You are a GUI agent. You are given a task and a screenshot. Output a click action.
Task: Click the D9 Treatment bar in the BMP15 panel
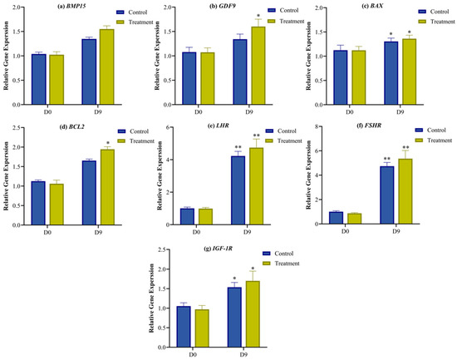(107, 67)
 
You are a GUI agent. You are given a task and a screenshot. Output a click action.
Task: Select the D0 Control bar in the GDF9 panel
(189, 78)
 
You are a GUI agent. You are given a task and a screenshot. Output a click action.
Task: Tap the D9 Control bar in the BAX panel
(391, 73)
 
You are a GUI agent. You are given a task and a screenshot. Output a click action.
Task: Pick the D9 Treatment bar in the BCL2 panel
(107, 187)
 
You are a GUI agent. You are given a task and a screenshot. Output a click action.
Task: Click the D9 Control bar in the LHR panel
(238, 190)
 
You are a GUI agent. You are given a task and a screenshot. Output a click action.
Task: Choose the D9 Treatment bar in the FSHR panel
(405, 191)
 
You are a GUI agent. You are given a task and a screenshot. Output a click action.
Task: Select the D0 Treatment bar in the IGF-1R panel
(202, 328)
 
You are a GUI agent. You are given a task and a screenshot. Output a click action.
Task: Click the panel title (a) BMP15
(71, 6)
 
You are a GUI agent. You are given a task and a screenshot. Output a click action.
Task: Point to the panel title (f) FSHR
(369, 126)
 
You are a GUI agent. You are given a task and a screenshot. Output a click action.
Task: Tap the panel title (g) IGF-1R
(218, 249)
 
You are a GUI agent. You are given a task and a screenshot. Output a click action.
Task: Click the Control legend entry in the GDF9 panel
(283, 10)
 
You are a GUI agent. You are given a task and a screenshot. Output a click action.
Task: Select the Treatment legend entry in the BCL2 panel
(135, 141)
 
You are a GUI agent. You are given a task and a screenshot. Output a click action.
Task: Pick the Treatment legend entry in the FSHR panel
(434, 141)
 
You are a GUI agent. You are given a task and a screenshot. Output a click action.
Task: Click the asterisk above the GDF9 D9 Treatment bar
(258, 16)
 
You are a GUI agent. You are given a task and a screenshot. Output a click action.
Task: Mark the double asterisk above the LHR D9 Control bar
(238, 147)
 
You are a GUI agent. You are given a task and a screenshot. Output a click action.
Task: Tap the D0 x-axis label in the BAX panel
(350, 111)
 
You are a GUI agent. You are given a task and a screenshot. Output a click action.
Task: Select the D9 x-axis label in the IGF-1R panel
(243, 354)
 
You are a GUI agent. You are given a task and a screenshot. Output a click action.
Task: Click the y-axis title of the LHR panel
(160, 175)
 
